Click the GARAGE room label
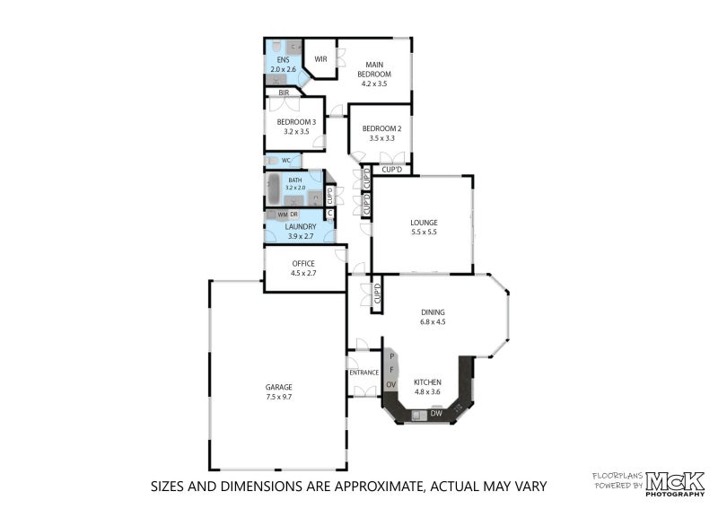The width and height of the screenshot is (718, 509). tap(278, 387)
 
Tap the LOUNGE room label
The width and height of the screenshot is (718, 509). tap(424, 223)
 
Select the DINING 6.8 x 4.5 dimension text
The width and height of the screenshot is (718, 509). tap(433, 321)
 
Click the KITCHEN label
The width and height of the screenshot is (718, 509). tap(428, 382)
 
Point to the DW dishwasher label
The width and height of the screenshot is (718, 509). tap(436, 413)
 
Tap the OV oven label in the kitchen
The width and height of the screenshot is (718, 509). tap(390, 385)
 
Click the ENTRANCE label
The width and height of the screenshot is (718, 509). tap(364, 373)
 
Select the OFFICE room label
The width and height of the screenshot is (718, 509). tap(303, 263)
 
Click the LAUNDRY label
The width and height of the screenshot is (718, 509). tap(301, 227)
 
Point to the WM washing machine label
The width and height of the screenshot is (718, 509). tap(283, 215)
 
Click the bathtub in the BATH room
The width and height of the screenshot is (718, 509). tap(274, 189)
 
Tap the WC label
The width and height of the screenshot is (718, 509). tap(285, 161)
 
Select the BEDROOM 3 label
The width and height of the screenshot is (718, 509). tap(296, 122)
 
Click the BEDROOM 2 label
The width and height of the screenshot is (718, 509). tap(381, 128)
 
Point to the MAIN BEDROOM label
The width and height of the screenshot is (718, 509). tap(374, 69)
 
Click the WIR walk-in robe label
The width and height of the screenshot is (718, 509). tap(320, 59)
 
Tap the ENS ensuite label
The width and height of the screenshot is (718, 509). tap(283, 60)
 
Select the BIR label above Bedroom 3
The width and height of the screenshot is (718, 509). tap(284, 92)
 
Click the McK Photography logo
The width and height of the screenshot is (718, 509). tap(675, 484)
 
